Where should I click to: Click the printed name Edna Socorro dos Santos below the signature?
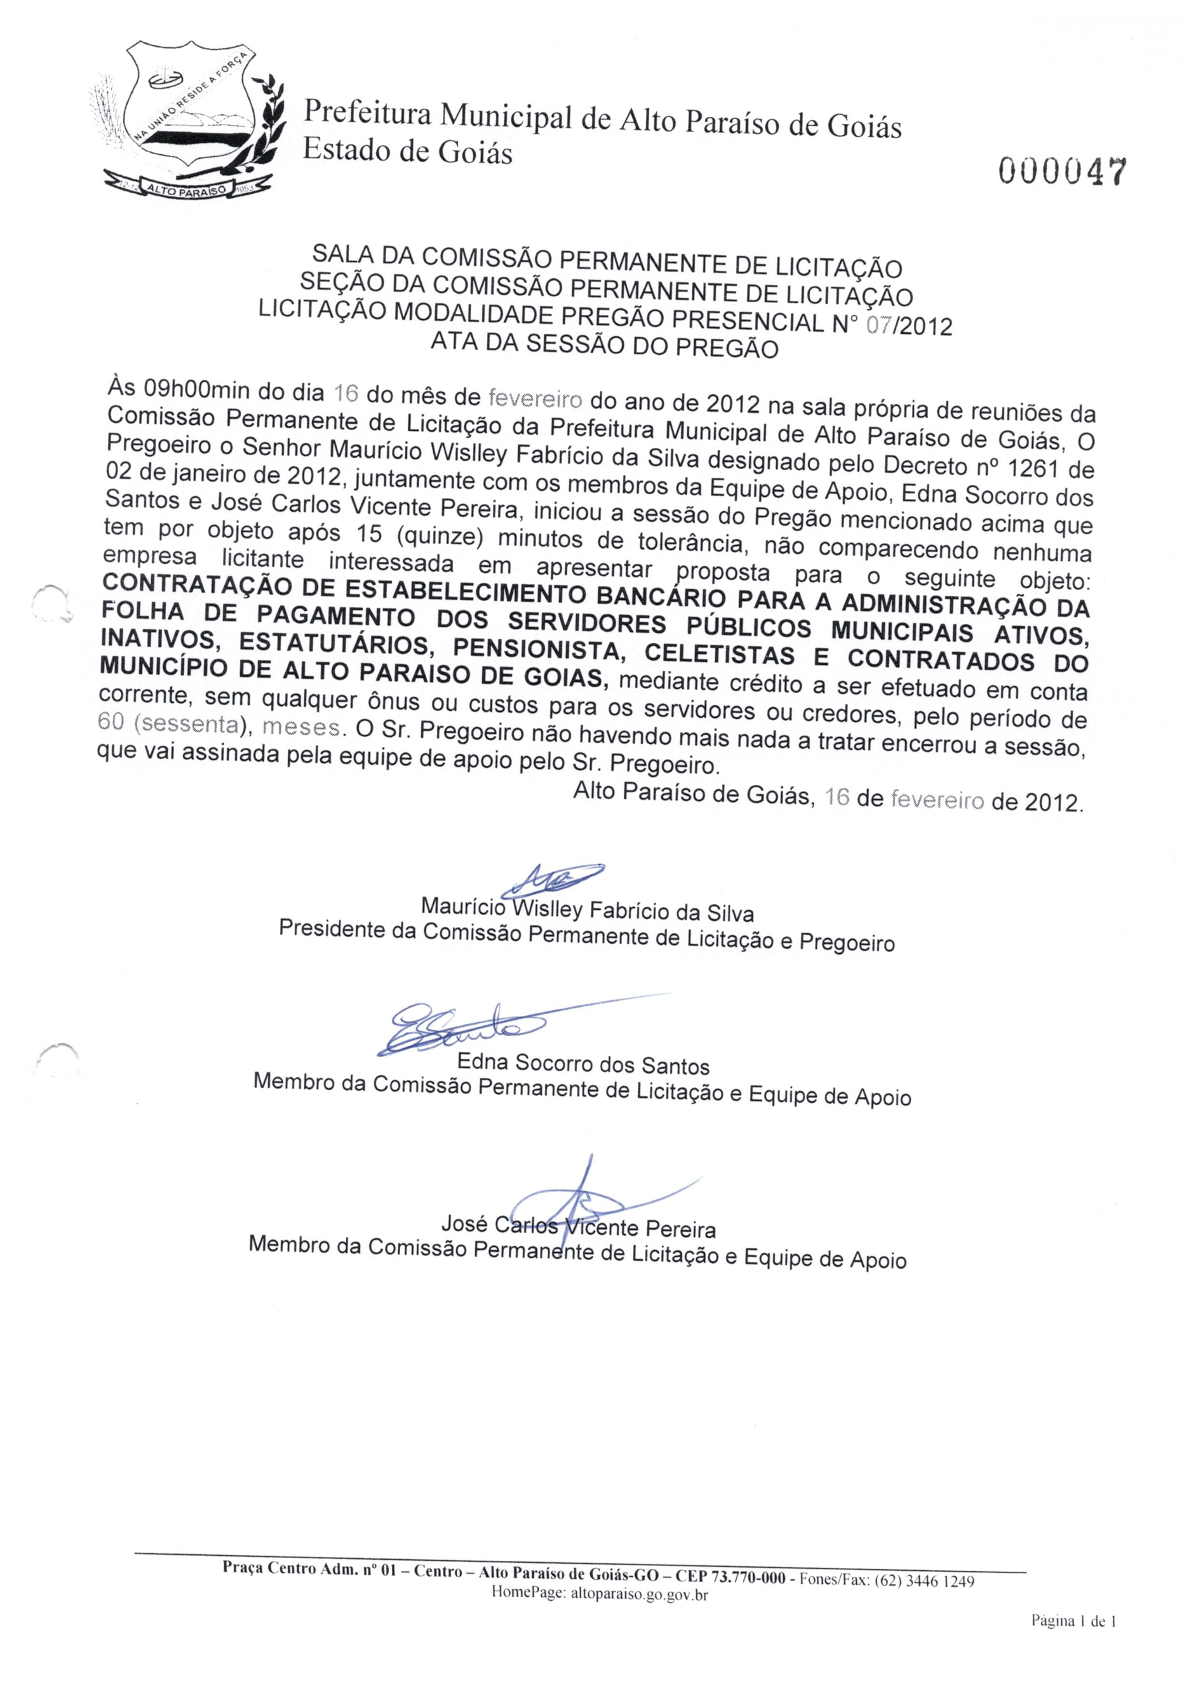583,1065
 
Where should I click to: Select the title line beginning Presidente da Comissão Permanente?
586,935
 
